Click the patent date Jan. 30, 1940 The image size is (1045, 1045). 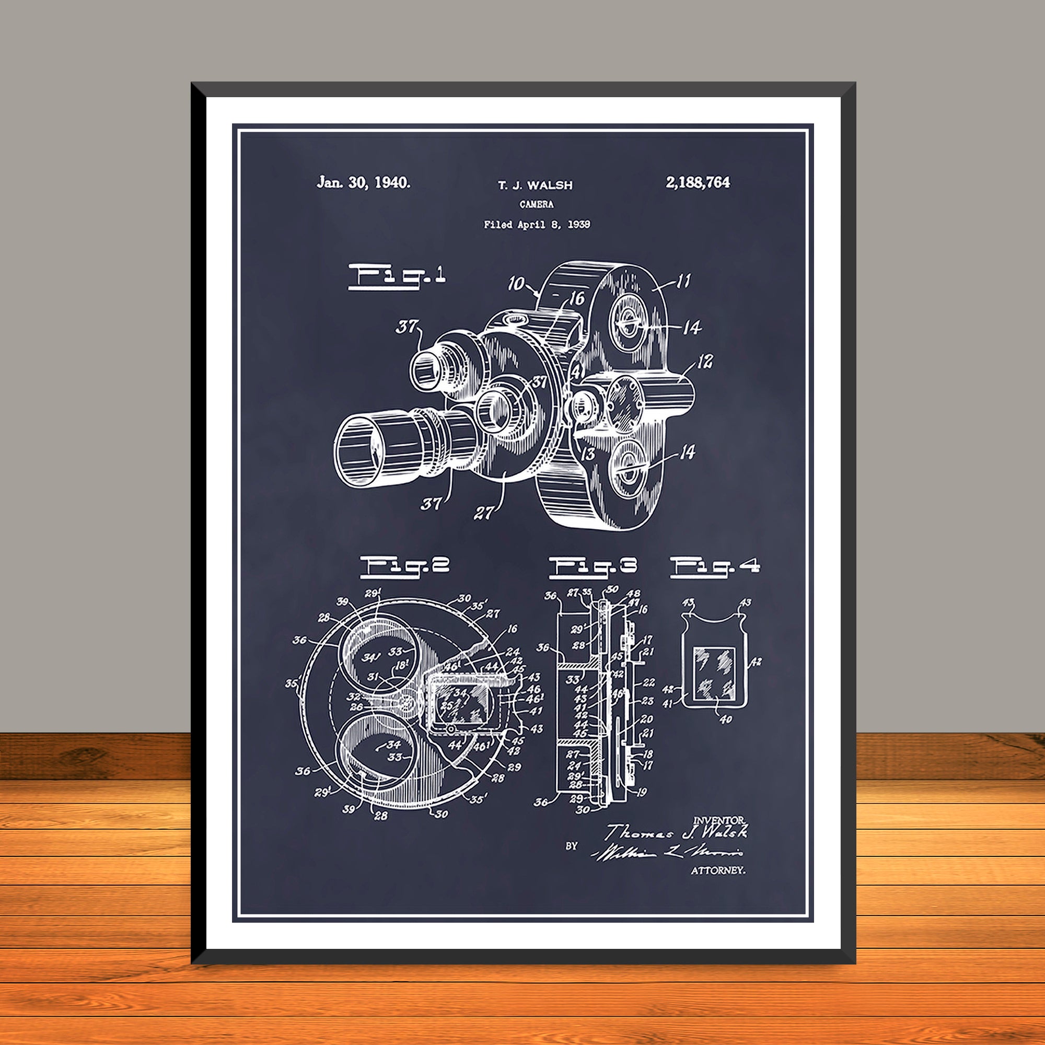tap(364, 183)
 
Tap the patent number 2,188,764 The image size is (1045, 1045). tap(698, 183)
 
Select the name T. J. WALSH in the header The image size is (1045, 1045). tap(535, 185)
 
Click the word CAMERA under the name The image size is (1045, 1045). tap(537, 204)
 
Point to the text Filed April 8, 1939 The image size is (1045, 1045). tap(537, 225)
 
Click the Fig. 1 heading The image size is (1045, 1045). tap(397, 276)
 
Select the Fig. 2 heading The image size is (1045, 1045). tap(405, 566)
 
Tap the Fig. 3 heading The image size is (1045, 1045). tap(593, 567)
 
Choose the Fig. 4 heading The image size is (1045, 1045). tap(715, 567)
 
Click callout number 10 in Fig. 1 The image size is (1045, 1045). tap(517, 283)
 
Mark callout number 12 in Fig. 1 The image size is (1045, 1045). tap(704, 362)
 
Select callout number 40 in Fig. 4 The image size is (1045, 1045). tap(725, 719)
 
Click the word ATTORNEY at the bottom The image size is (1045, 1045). tap(718, 870)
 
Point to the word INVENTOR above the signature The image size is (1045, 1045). tap(719, 820)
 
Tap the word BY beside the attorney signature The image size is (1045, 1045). tap(572, 846)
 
